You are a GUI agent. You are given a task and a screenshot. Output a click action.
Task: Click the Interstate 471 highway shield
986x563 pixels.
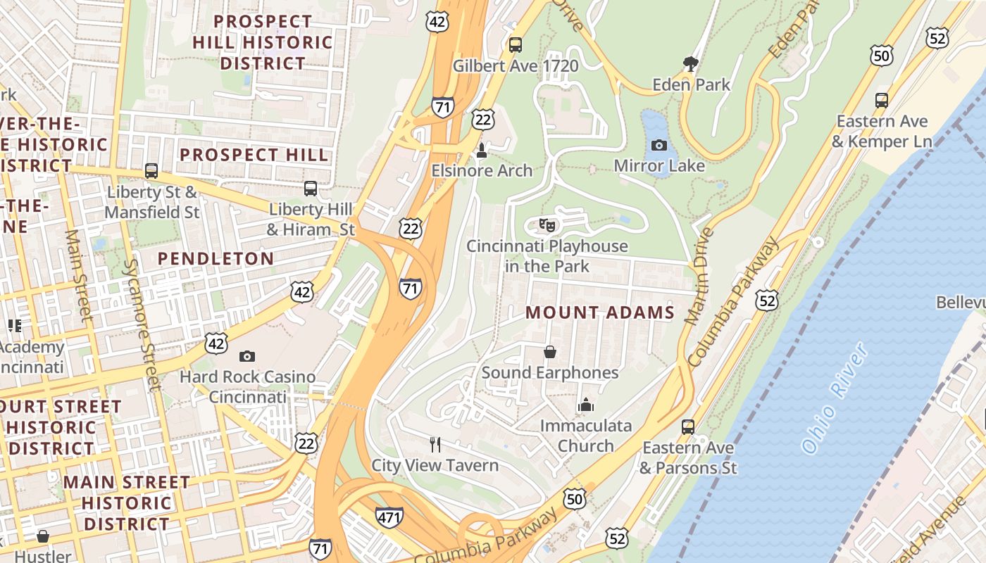(389, 517)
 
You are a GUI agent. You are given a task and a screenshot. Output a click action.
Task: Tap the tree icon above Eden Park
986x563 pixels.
(691, 64)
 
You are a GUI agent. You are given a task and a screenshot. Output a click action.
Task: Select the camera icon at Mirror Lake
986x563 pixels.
(659, 145)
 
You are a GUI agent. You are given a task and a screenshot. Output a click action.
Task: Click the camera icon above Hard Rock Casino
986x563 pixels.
(247, 356)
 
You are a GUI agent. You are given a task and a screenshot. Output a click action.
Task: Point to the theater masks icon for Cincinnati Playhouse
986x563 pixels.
(547, 225)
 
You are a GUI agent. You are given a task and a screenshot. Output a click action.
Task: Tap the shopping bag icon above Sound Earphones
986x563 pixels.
(550, 352)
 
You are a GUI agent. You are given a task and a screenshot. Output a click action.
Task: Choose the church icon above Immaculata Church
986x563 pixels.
(586, 405)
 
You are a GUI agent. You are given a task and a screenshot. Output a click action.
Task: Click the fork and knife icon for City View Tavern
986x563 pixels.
(435, 444)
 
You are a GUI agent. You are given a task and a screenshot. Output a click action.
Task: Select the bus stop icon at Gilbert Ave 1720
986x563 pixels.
(516, 45)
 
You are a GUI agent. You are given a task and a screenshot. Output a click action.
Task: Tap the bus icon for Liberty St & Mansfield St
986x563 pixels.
(151, 171)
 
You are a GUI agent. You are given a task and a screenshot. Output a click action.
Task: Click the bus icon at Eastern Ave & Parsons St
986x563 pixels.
(688, 426)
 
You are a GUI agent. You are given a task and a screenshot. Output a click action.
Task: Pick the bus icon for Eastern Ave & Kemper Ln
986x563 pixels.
(882, 100)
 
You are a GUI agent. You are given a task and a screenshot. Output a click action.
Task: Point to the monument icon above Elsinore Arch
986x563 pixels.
(482, 150)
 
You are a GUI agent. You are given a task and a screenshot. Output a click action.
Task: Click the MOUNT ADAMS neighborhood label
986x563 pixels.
(600, 312)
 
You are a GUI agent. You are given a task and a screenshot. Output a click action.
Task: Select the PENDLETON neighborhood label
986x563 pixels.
(216, 259)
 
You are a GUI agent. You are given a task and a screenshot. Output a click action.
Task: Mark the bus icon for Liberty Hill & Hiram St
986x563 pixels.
(311, 189)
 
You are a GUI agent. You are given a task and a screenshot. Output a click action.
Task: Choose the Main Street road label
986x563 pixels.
(79, 274)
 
